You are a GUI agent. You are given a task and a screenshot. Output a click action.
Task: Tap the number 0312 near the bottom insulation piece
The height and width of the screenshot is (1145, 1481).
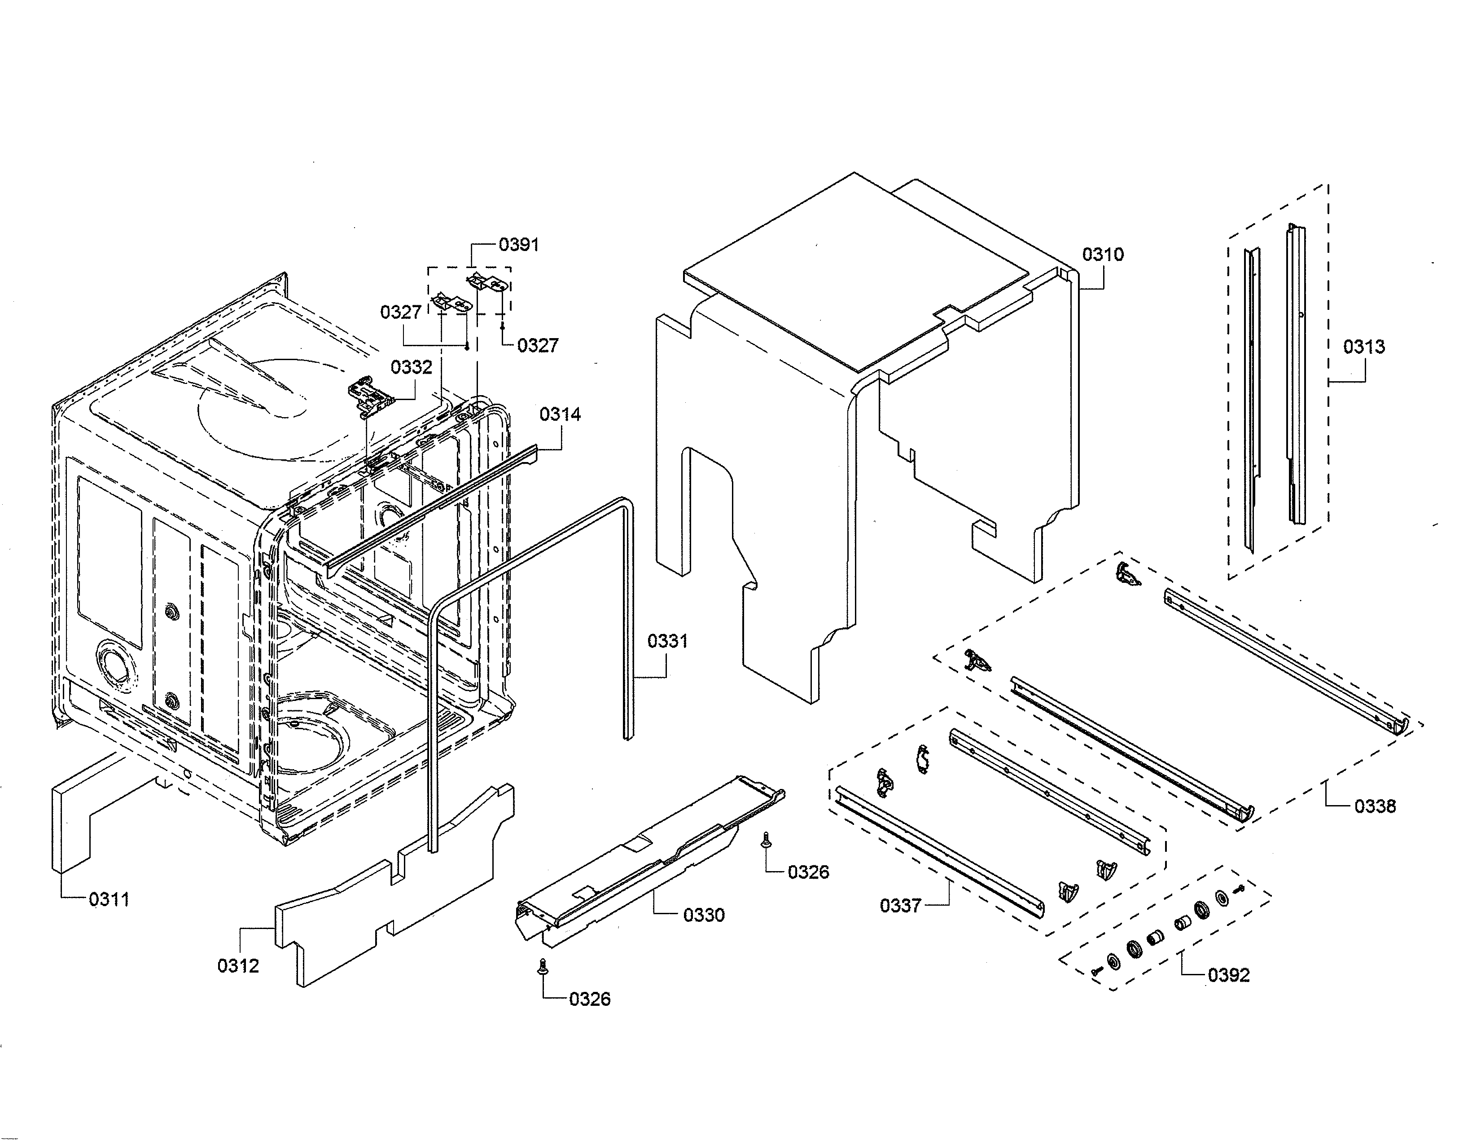coord(238,966)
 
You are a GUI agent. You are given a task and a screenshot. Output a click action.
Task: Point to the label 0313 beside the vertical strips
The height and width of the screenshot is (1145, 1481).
coord(1364,347)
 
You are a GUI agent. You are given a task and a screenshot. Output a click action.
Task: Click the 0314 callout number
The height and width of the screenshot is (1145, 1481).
coord(560,414)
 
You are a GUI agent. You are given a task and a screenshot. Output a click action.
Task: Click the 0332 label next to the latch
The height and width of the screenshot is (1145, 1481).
coord(411,367)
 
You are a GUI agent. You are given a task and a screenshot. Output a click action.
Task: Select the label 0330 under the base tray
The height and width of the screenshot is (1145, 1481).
coord(703,915)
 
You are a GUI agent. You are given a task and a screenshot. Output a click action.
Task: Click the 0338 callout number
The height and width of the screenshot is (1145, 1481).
coord(1375,806)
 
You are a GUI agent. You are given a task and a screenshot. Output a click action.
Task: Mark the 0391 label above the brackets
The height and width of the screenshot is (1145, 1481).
coord(519,244)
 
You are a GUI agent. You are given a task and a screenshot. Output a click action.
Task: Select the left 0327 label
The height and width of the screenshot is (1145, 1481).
coord(401,312)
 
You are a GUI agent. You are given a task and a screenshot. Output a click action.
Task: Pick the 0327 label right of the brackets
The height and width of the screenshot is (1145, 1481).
coord(538,345)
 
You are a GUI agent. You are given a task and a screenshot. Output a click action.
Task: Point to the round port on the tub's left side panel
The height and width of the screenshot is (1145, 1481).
coord(115,661)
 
